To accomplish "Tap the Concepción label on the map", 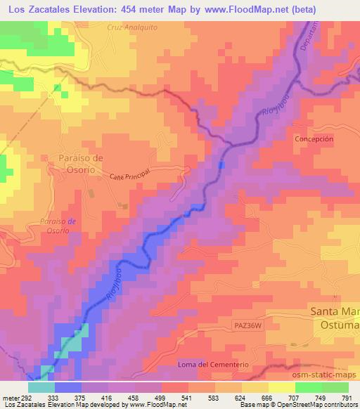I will [313, 139].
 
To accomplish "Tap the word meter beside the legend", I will [9, 396].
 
